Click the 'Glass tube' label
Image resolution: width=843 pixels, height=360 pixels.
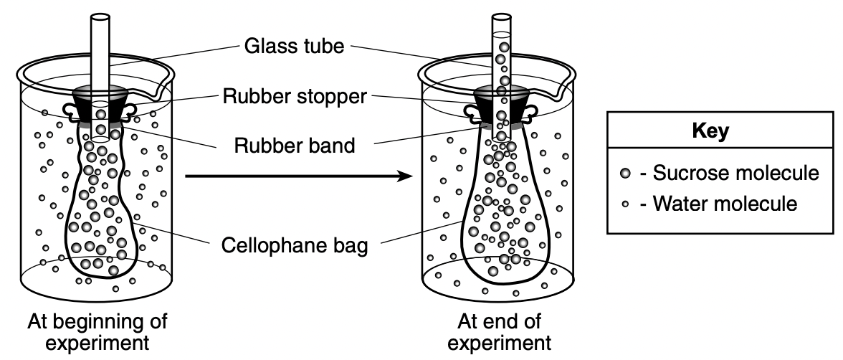coord(294,46)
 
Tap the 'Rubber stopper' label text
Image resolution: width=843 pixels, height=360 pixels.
coord(295,96)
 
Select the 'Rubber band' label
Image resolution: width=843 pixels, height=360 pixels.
coord(295,145)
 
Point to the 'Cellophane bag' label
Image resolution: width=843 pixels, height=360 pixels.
coord(295,245)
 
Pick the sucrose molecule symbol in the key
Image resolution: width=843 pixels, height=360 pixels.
coord(625,174)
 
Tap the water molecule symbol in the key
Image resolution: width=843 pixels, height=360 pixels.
coord(625,204)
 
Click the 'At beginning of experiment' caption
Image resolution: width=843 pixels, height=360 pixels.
coord(97,332)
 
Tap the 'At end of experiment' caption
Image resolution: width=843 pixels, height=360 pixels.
coord(499,332)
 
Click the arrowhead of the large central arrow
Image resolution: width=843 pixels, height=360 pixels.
coord(405,176)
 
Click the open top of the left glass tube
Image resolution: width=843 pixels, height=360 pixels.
coord(100,17)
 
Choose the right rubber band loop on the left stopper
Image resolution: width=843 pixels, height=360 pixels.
coord(129,110)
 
